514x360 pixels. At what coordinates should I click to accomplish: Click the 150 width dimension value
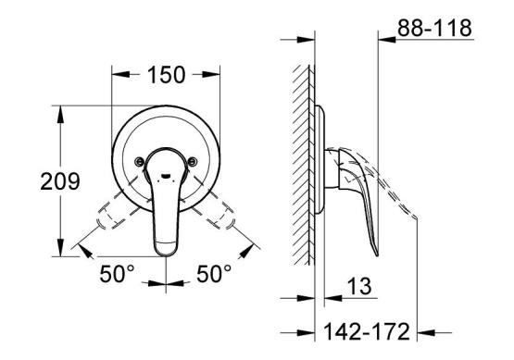coord(167,75)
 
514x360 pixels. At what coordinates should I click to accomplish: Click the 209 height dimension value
coord(60,181)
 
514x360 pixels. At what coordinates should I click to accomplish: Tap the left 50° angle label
coord(117,274)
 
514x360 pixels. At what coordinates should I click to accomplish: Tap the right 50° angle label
coord(214,274)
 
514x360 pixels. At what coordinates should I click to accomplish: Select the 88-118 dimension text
coord(434,28)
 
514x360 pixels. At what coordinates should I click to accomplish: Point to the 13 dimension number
coord(359,286)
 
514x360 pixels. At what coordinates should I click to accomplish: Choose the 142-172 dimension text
coord(367,331)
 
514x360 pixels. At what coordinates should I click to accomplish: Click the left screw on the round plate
coord(139,161)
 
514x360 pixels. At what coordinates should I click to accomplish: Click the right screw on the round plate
coord(193,161)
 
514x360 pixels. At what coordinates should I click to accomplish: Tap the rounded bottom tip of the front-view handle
coord(166,254)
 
